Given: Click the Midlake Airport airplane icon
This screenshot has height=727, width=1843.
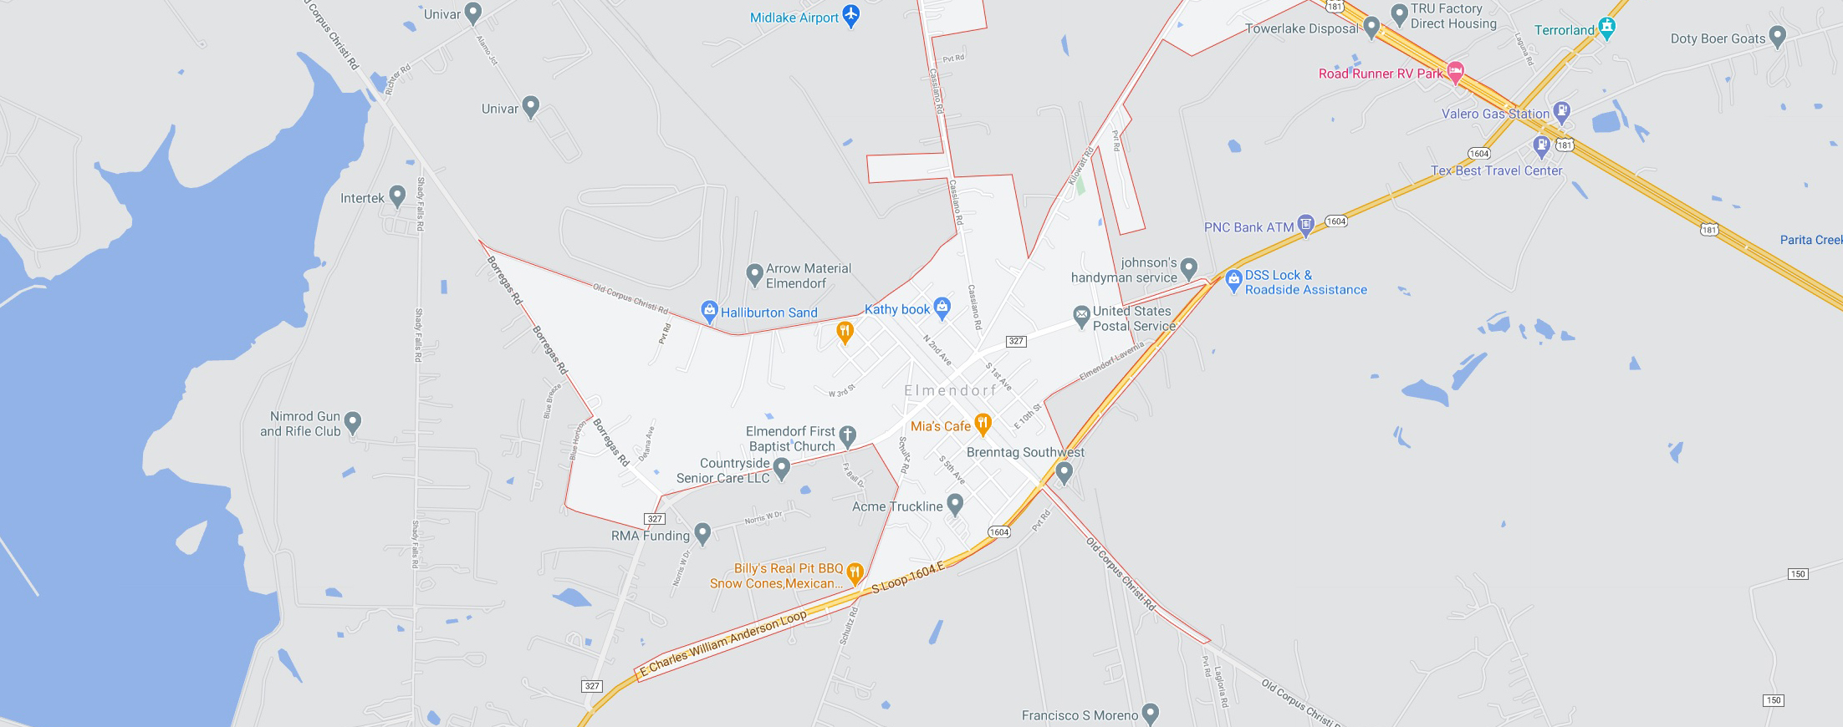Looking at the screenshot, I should click(x=851, y=15).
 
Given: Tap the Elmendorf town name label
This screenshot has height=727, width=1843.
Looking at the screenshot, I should click(x=950, y=390).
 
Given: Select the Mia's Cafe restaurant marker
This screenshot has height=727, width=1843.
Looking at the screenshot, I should click(x=983, y=424).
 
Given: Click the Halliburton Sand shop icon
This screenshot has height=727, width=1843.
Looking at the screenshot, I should click(x=709, y=311).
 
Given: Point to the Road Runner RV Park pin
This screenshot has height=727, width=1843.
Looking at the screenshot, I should click(x=1455, y=72).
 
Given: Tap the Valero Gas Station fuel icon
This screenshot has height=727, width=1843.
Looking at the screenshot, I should click(x=1560, y=111).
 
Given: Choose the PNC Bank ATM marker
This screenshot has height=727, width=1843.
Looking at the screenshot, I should click(x=1305, y=225).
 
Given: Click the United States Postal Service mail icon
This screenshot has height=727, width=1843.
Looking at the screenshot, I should click(x=1081, y=316).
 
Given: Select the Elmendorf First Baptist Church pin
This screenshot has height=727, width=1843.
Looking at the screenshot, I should click(x=847, y=435).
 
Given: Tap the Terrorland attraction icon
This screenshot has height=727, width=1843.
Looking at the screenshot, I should click(x=1606, y=28).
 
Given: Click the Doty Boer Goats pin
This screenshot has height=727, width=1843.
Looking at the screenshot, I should click(x=1778, y=36).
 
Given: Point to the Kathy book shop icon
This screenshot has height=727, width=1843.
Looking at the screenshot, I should click(x=942, y=307).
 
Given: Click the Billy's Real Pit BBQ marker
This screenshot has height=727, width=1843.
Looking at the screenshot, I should click(x=854, y=572).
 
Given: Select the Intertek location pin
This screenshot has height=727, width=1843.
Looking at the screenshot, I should click(x=397, y=196).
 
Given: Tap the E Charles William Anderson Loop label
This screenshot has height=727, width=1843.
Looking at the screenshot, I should click(x=723, y=642).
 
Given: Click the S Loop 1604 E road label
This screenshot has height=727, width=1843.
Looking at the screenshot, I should click(x=907, y=577).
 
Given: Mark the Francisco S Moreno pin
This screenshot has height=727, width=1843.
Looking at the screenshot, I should click(x=1151, y=713).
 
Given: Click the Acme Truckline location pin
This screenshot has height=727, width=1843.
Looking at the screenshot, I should click(x=955, y=504).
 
